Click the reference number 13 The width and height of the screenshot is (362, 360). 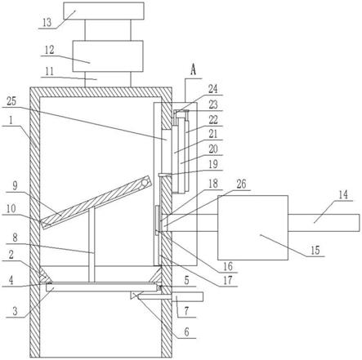[47, 23]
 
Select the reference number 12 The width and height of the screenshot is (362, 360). [50, 50]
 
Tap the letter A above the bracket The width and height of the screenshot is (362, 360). [193, 70]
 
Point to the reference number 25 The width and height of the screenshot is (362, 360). [11, 101]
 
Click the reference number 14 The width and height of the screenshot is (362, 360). [343, 195]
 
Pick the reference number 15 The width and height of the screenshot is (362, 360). [315, 251]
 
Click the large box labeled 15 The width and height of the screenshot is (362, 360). [253, 228]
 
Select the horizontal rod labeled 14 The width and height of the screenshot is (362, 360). [324, 223]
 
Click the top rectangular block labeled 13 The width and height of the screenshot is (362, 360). [104, 11]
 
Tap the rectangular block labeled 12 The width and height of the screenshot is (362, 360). [108, 56]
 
